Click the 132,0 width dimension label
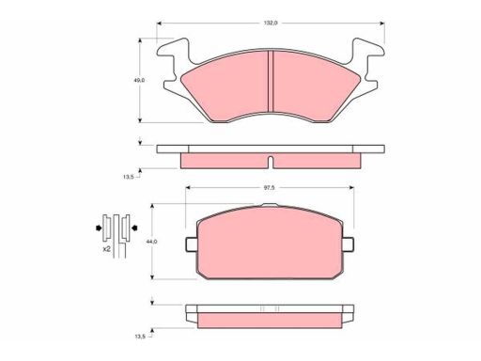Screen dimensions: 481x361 tap(271, 23)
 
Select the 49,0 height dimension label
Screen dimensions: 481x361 tap(139, 80)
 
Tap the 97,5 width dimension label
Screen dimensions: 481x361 tap(270, 188)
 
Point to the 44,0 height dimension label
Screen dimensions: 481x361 tap(152, 242)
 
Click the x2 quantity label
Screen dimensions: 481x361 tap(106, 249)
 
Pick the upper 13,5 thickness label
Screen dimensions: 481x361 tap(128, 177)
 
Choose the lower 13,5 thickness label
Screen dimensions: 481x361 tap(140, 337)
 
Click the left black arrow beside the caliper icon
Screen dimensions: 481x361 tap(99, 228)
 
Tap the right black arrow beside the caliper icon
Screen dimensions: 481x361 tap(135, 228)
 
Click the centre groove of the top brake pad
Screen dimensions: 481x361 tap(271, 81)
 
